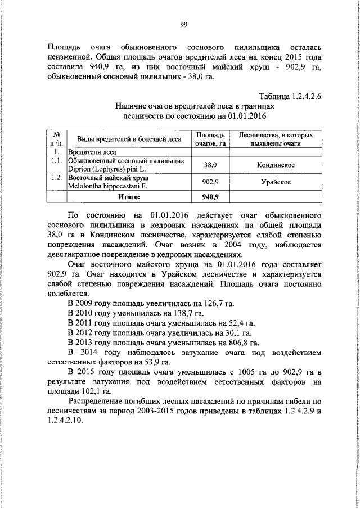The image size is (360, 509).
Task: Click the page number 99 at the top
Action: [183, 23]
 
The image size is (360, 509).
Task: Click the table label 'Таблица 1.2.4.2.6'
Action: [290, 96]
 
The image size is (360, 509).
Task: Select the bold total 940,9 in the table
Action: [213, 197]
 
